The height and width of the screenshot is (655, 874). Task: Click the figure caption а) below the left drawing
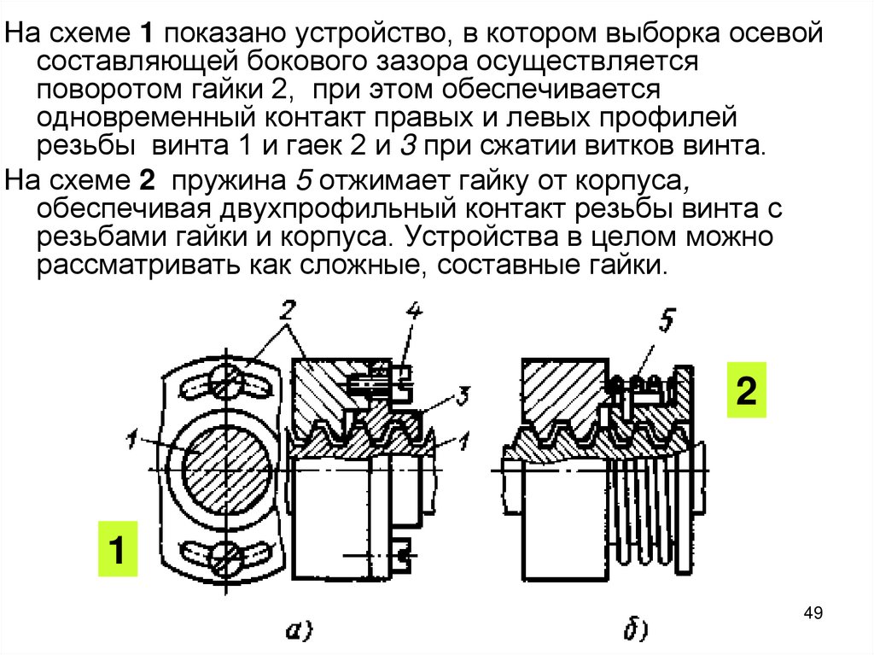(298, 632)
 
